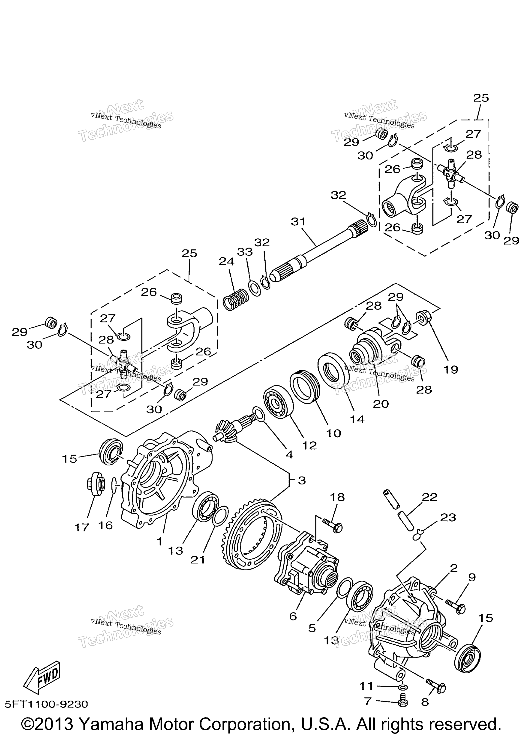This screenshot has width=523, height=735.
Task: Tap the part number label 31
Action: (298, 222)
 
